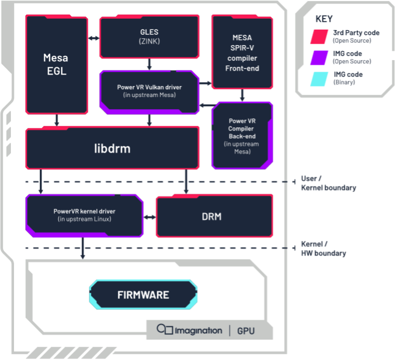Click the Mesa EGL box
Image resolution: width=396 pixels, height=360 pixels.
[57, 64]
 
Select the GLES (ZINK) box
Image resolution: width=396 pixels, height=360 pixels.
[149, 36]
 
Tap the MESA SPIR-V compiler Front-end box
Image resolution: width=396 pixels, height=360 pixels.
[242, 52]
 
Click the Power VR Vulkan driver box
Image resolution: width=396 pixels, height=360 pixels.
[149, 91]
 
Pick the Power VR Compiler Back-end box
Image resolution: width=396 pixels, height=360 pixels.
[242, 136]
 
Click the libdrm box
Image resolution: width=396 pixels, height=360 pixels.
[112, 149]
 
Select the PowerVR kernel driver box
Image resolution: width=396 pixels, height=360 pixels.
[84, 215]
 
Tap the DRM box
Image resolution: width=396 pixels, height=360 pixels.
[214, 216]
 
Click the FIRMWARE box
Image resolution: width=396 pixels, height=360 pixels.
[143, 295]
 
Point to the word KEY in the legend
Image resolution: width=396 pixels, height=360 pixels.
[324, 19]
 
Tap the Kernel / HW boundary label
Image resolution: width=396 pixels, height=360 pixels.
[324, 249]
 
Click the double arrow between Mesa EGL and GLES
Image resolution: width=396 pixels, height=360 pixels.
[93, 38]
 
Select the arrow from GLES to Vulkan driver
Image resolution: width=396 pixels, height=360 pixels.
[149, 64]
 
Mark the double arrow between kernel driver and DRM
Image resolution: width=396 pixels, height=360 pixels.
[149, 217]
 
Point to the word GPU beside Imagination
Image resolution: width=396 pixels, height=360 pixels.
[246, 330]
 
